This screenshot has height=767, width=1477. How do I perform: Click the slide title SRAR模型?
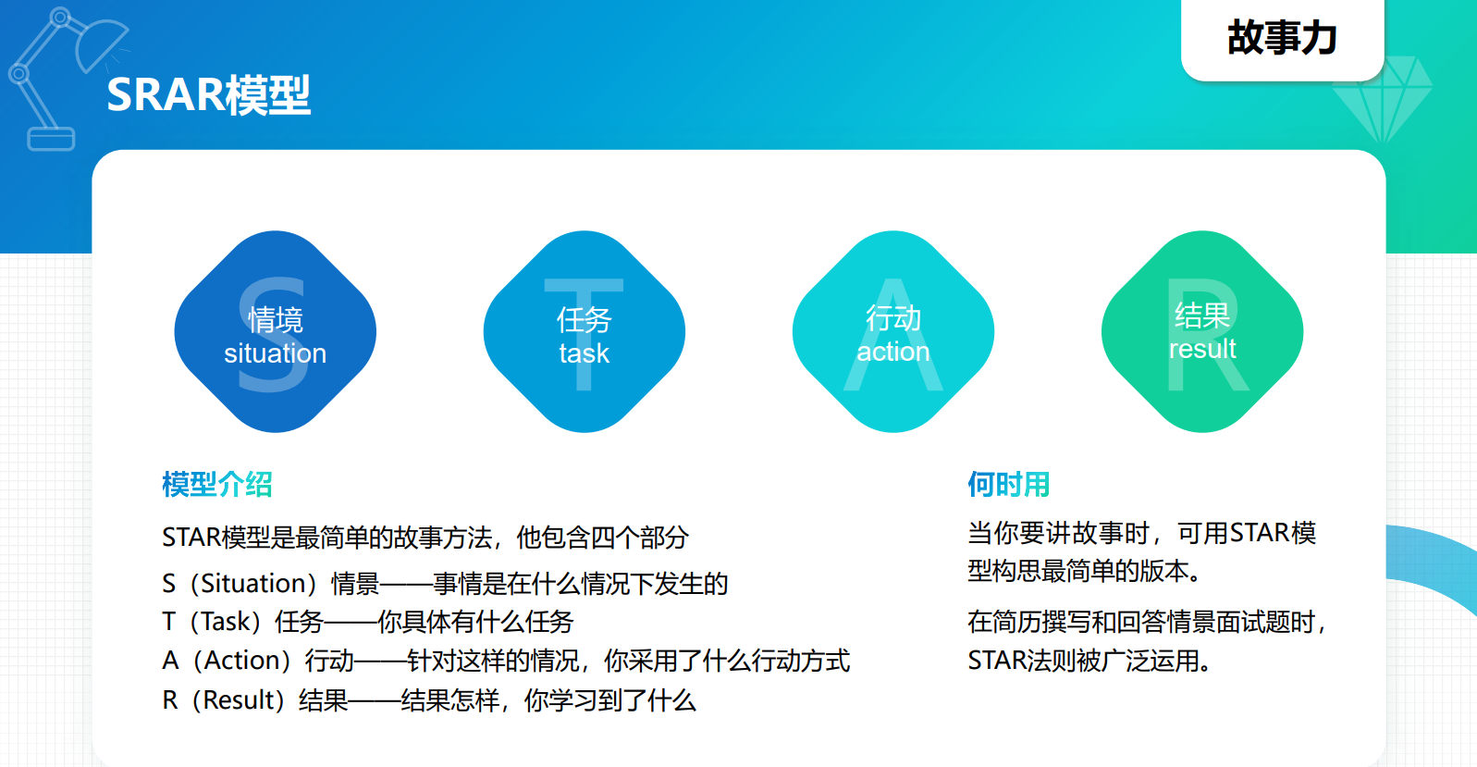(208, 95)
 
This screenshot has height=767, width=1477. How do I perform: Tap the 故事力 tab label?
(1282, 38)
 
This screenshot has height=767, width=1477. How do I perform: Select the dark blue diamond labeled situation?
(275, 332)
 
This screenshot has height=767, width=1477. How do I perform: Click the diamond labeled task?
(585, 332)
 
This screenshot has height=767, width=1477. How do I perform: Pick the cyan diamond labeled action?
(893, 332)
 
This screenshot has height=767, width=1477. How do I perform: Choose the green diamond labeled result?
(1202, 332)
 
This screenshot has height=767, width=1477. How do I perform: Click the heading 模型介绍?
(217, 484)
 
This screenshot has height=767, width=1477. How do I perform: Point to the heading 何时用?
(1008, 484)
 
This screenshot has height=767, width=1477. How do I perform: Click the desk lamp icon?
(66, 80)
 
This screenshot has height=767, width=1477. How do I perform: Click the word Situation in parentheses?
(252, 584)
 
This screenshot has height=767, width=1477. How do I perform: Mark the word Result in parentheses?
(239, 699)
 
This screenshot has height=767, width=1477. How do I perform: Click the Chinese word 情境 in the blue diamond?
(276, 320)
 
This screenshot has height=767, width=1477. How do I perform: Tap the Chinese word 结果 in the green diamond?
(1202, 315)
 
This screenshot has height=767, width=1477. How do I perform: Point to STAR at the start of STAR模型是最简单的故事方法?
(191, 538)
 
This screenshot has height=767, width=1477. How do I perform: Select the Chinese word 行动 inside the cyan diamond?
(893, 318)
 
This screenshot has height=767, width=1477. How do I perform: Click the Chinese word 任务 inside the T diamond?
(585, 320)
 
